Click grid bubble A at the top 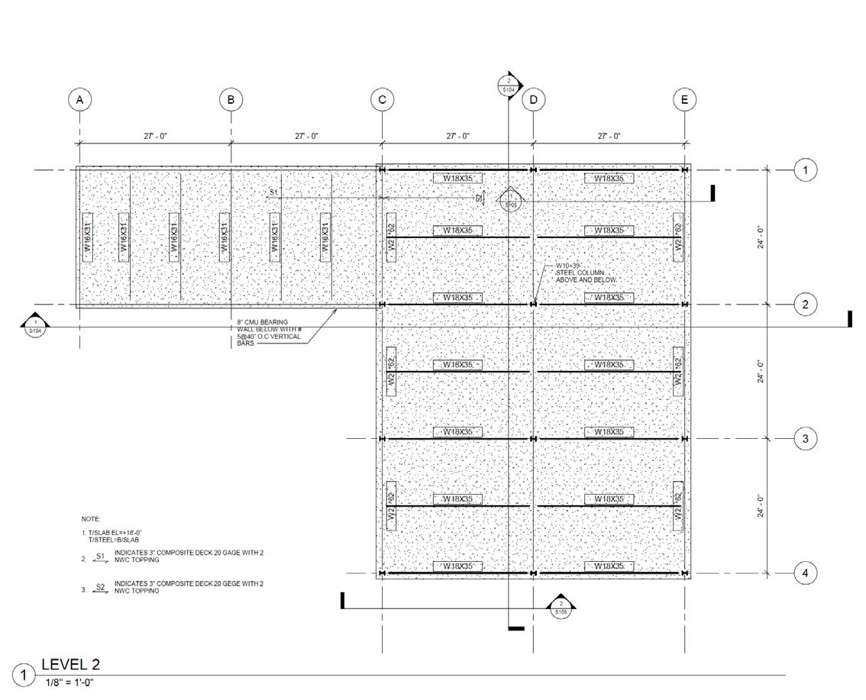(x=79, y=99)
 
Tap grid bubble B (x=231, y=99)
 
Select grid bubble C (x=382, y=99)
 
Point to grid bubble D (x=533, y=100)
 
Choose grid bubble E (x=684, y=99)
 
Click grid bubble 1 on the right (x=805, y=170)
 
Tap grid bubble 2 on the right (x=805, y=305)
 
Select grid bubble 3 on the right (x=805, y=439)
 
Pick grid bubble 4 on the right (x=805, y=573)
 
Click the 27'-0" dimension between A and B (x=155, y=136)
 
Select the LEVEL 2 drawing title (x=70, y=664)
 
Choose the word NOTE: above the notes (x=91, y=519)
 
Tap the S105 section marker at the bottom (x=561, y=607)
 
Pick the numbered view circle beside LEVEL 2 (x=25, y=675)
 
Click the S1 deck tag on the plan (x=275, y=192)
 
